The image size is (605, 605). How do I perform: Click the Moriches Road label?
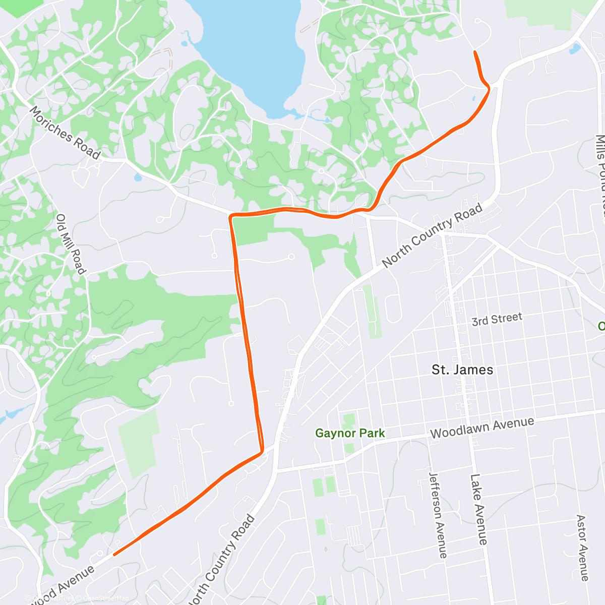click(x=65, y=132)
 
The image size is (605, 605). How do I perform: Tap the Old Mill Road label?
click(x=70, y=245)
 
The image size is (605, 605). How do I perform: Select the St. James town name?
click(x=462, y=370)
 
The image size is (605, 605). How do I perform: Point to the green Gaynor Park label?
click(x=350, y=433)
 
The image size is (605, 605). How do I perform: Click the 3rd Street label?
click(x=497, y=319)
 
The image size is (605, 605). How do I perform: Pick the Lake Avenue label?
click(x=478, y=509)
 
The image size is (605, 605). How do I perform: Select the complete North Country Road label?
click(x=432, y=235)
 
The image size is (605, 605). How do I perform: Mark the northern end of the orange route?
click(x=475, y=52)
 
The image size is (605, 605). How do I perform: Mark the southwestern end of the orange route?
click(x=114, y=555)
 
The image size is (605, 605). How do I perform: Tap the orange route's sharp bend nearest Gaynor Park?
click(x=262, y=451)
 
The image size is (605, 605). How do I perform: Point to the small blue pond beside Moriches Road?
click(x=138, y=177)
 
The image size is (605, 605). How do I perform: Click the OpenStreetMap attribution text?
click(x=106, y=598)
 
